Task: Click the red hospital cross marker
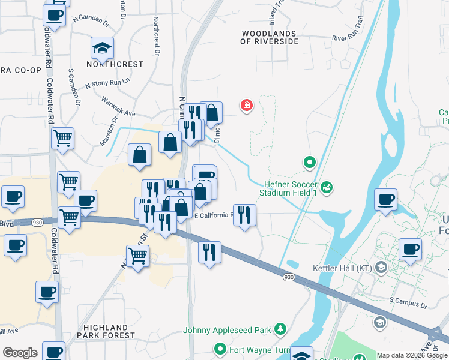tap(246, 106)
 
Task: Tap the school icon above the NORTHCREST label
tap(102, 47)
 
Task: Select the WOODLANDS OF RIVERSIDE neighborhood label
tap(269, 37)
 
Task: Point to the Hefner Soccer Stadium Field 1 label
tap(288, 188)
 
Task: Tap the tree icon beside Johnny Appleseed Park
tap(279, 329)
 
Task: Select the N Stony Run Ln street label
tap(109, 83)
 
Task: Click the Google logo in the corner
tap(20, 353)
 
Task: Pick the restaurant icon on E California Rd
tap(244, 215)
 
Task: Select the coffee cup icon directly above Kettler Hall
tap(411, 250)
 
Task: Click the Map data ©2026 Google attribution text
tap(411, 355)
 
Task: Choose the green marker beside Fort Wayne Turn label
tap(220, 349)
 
